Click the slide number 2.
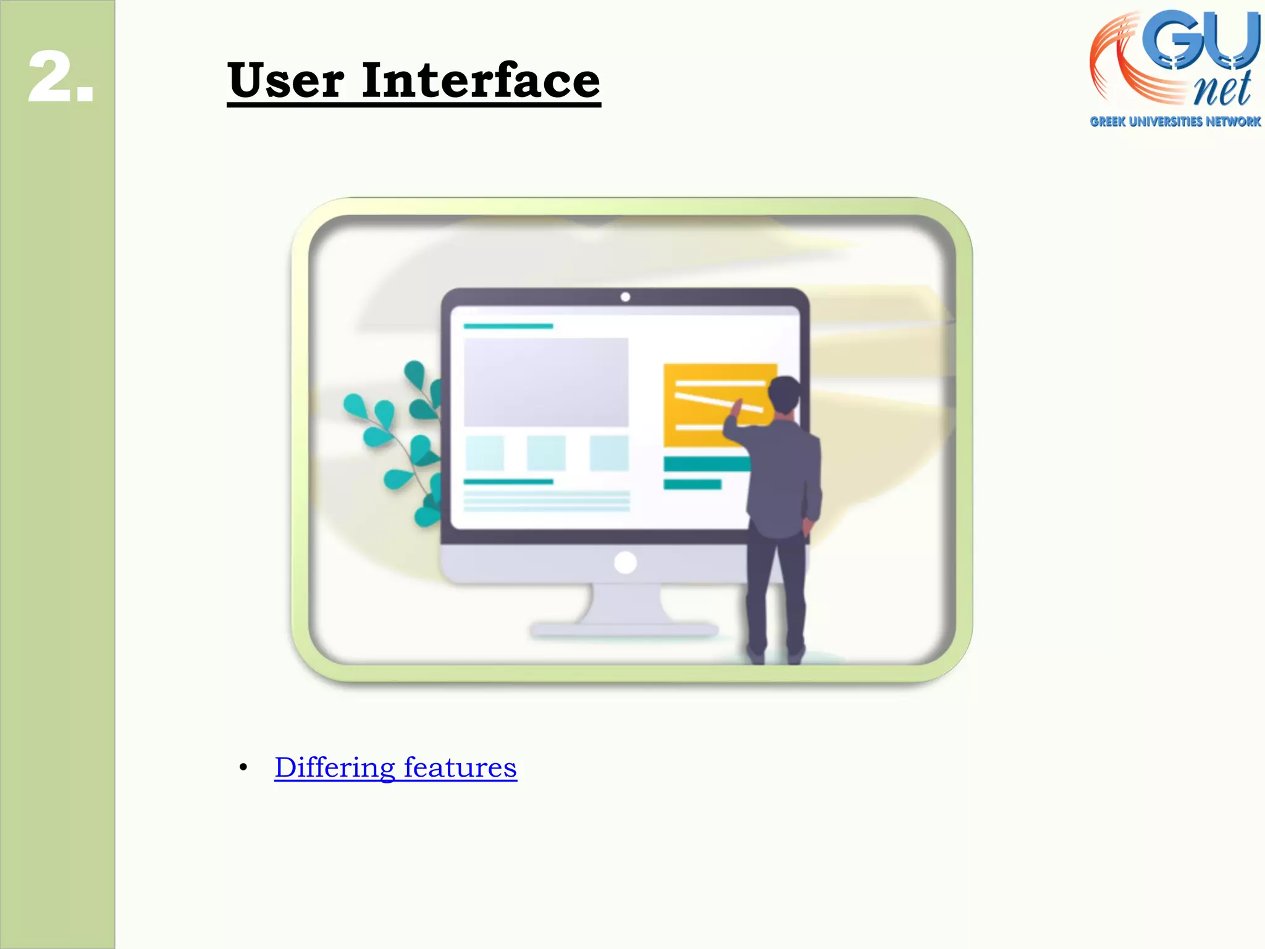click(61, 77)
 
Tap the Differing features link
click(395, 767)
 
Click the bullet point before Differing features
click(243, 768)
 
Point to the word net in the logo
click(1222, 90)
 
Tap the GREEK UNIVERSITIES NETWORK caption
click(1175, 122)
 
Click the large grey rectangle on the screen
click(546, 382)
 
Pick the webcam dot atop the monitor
click(625, 297)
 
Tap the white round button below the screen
click(625, 563)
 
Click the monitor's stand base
click(624, 630)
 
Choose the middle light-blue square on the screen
click(546, 453)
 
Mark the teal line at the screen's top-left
click(508, 326)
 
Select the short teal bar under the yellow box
click(692, 484)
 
